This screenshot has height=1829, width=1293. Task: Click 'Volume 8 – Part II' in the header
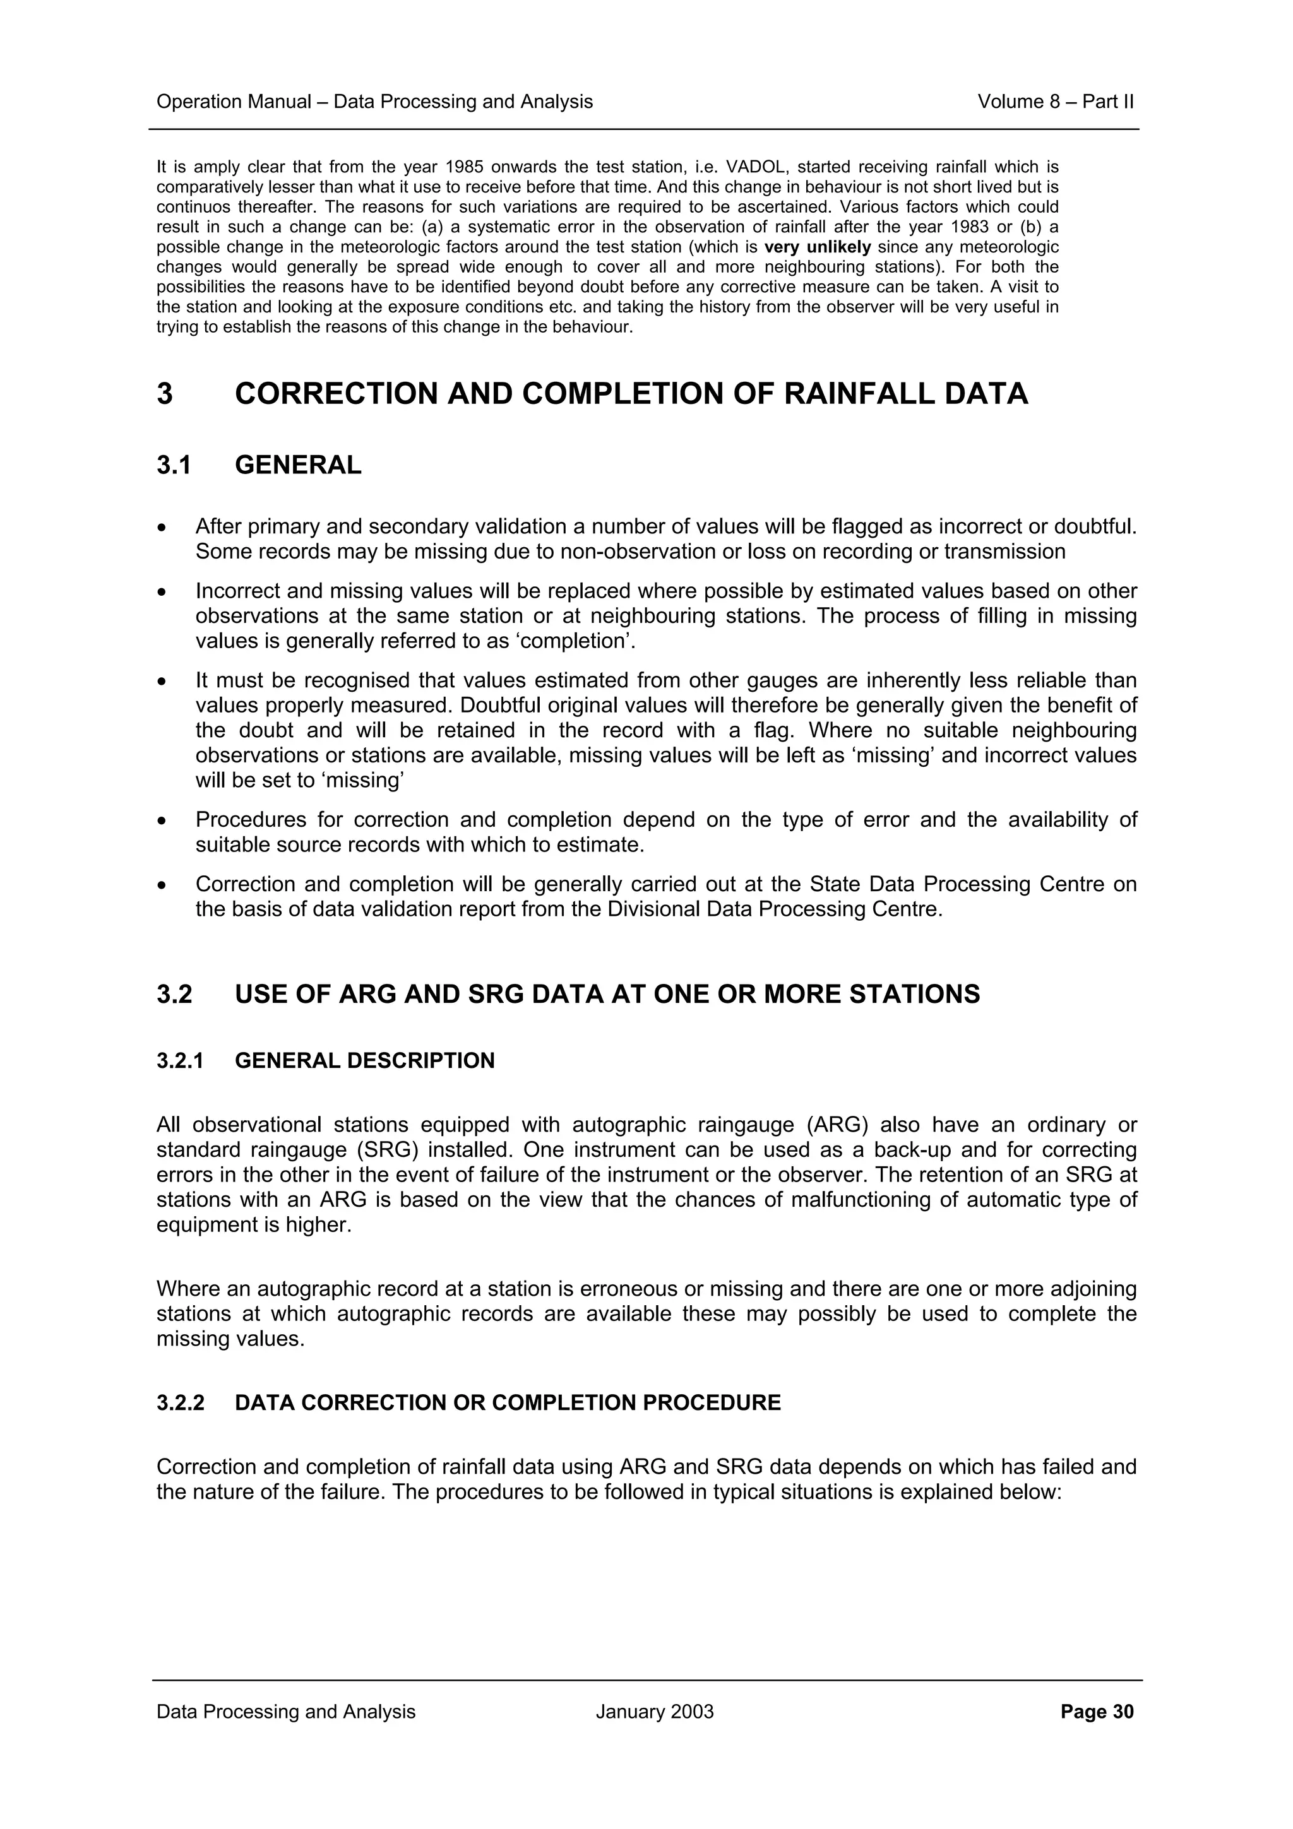pyautogui.click(x=1055, y=102)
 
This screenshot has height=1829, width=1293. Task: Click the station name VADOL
pyautogui.click(x=754, y=167)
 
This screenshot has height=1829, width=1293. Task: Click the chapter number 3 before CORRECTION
pyautogui.click(x=165, y=394)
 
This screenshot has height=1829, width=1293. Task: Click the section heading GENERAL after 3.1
pyautogui.click(x=298, y=465)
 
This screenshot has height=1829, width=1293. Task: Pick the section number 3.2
pyautogui.click(x=174, y=994)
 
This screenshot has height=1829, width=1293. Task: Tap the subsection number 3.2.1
pyautogui.click(x=181, y=1061)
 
